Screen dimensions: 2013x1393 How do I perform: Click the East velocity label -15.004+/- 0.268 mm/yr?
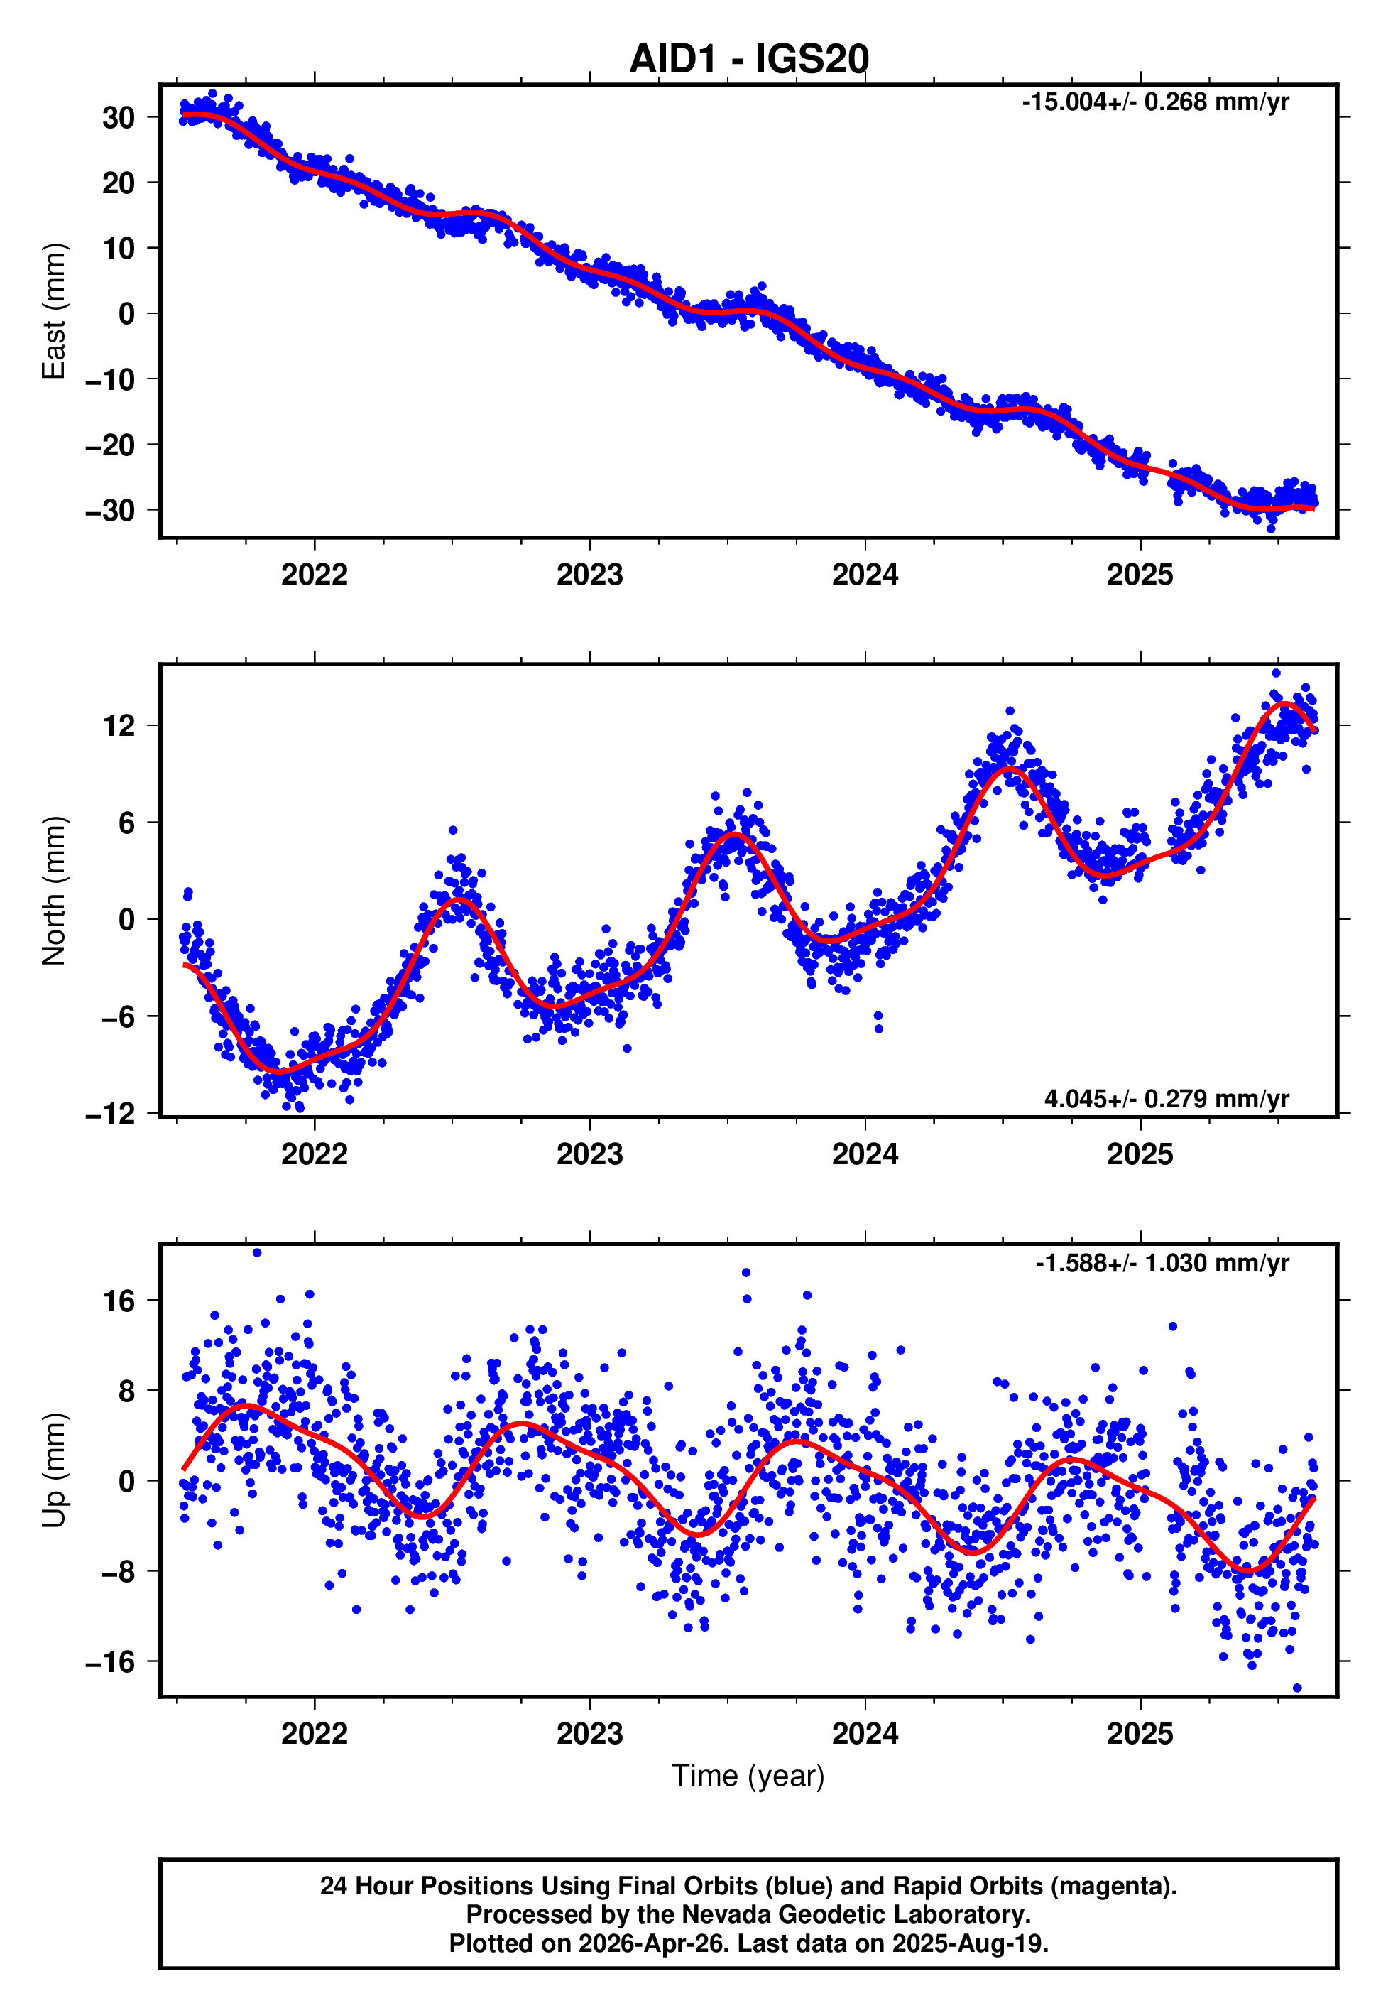point(1154,102)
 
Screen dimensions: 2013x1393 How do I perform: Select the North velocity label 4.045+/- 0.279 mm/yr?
point(1165,1098)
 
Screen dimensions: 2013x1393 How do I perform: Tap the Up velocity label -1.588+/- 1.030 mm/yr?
point(1161,1263)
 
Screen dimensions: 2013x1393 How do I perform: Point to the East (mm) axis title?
point(54,311)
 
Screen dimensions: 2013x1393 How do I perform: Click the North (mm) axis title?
point(54,891)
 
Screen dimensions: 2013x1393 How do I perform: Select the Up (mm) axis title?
point(54,1470)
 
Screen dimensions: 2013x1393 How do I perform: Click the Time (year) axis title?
point(748,1776)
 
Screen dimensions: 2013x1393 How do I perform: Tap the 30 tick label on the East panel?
point(118,118)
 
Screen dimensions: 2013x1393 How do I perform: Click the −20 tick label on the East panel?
point(110,445)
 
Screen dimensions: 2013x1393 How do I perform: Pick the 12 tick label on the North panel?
point(119,725)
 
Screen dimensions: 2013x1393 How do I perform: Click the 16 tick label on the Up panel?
point(119,1301)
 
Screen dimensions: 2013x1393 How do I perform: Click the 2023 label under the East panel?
point(589,575)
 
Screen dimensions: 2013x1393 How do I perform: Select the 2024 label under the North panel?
point(864,1154)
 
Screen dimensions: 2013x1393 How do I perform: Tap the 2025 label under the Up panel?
point(1139,1734)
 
